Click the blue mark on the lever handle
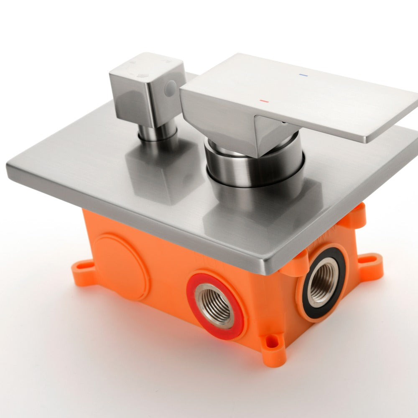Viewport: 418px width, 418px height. [303, 76]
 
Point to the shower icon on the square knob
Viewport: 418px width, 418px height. [143, 75]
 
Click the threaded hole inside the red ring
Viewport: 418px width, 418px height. [215, 305]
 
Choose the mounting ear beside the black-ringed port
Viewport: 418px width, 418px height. [370, 266]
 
